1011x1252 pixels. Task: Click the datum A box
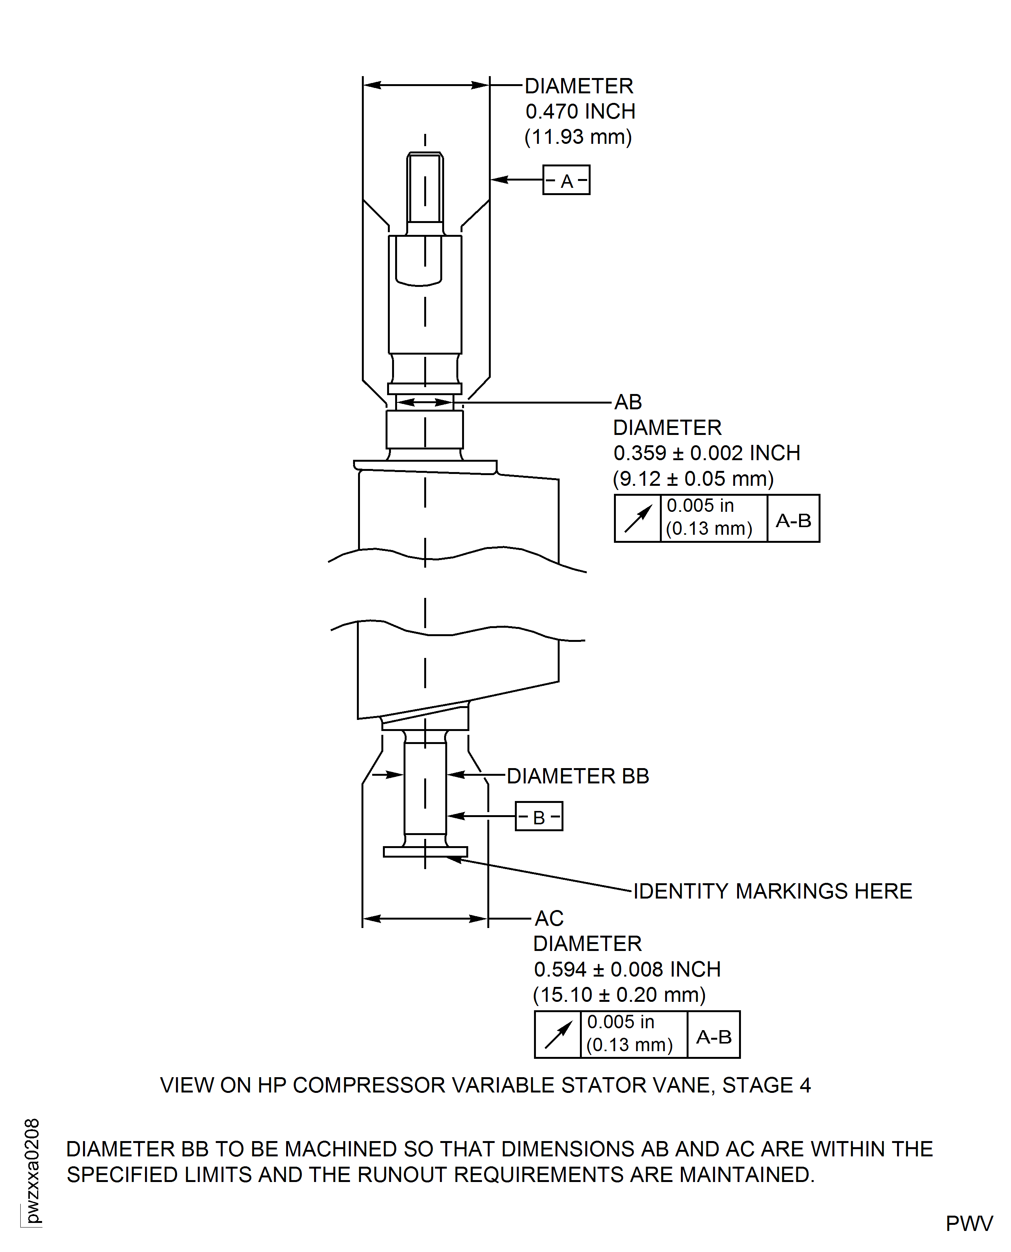tap(566, 180)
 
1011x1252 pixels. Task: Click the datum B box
tap(539, 816)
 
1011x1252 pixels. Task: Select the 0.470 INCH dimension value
tap(580, 111)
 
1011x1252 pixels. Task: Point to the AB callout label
tap(628, 402)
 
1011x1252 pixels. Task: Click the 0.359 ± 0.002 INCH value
tap(707, 453)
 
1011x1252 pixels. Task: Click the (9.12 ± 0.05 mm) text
tap(693, 479)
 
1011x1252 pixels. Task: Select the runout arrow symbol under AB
tap(638, 519)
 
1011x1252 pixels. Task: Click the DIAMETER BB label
tap(578, 776)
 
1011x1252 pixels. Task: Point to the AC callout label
tap(549, 918)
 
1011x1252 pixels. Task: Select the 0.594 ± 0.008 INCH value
tap(627, 970)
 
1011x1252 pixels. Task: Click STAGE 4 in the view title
tap(767, 1086)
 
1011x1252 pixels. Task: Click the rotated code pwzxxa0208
tap(33, 1171)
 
